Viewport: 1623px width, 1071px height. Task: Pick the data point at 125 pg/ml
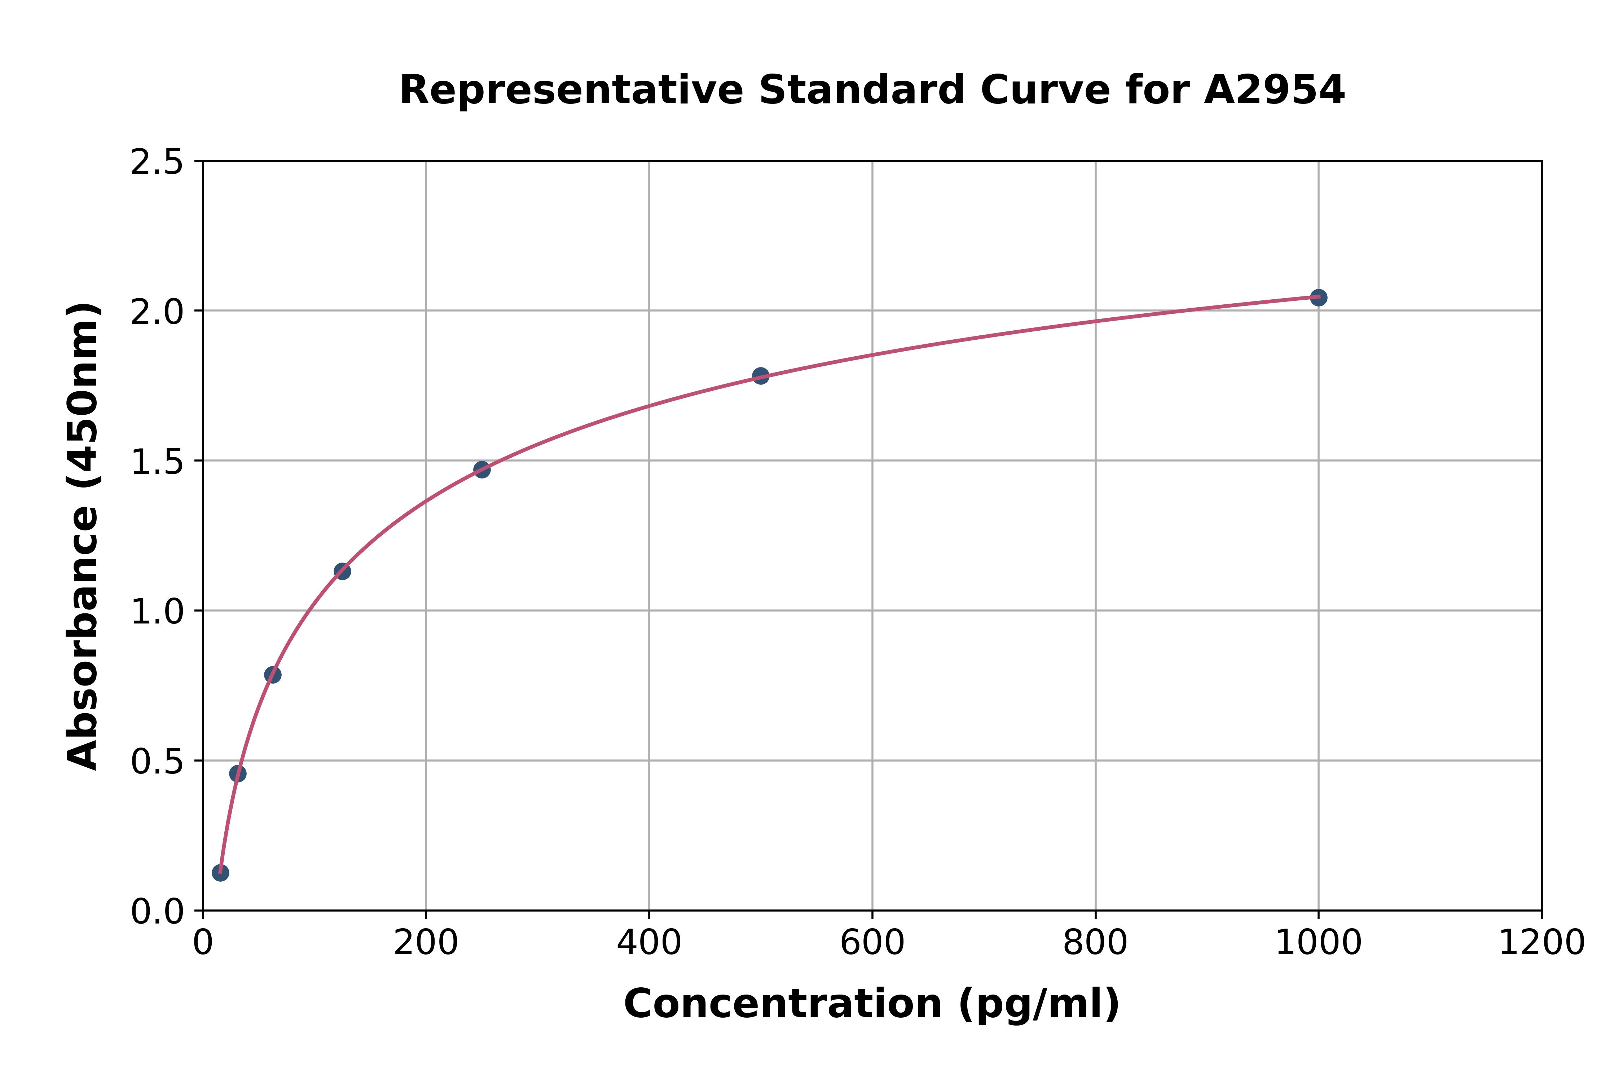click(342, 571)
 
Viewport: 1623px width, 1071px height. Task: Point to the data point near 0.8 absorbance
click(273, 675)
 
